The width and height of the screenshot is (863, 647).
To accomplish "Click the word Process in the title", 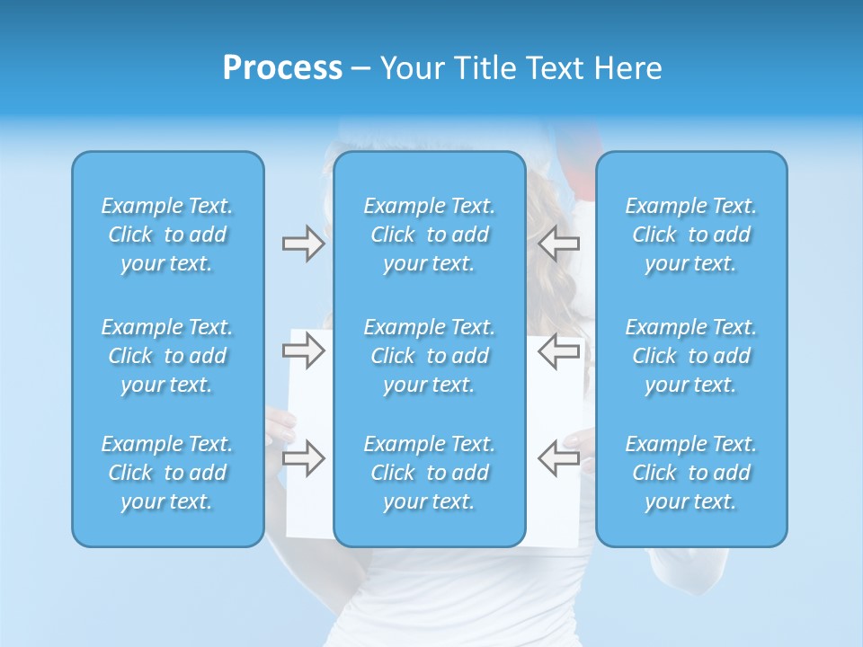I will coord(282,68).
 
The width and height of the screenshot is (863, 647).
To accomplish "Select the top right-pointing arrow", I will coord(303,244).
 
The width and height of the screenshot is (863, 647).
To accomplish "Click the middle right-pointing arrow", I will coord(303,350).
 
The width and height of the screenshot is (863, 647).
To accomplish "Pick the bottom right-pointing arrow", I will coord(303,458).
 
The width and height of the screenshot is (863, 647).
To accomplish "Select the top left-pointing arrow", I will coord(559,244).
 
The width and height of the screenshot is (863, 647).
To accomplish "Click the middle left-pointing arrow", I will coord(559,350).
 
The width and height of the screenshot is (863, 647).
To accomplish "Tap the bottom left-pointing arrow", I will coord(559,458).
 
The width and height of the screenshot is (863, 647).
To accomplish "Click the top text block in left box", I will coord(167,235).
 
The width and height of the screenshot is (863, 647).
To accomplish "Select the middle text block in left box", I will coord(167,356).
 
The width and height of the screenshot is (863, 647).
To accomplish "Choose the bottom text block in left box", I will coord(167,473).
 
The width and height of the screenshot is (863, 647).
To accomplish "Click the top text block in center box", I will coord(430,235).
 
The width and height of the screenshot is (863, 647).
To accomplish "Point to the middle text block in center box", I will coord(430,356).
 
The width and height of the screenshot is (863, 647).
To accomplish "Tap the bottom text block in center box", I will coord(430,473).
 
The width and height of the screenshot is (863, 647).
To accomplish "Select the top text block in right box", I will coord(691,235).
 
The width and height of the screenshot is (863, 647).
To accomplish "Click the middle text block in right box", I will coord(691,356).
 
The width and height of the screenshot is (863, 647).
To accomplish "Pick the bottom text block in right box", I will coord(691,473).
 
